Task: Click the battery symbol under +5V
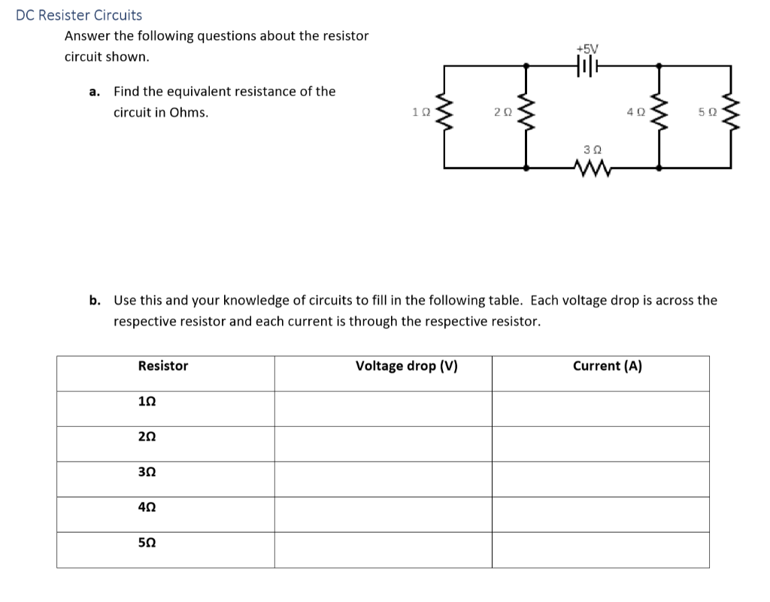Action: [585, 65]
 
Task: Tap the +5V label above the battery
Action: [585, 49]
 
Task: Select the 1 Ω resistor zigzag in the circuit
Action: [445, 113]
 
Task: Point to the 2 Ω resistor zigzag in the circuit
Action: [526, 113]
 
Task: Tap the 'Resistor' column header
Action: [163, 366]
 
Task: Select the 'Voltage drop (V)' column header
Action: [406, 366]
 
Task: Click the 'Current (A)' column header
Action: [607, 366]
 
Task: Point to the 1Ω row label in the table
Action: [147, 401]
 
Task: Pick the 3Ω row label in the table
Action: [147, 472]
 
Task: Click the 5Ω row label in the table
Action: [147, 542]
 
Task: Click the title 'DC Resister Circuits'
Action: [79, 15]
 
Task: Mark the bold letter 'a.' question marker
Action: [95, 92]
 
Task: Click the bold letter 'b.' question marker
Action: [95, 301]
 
